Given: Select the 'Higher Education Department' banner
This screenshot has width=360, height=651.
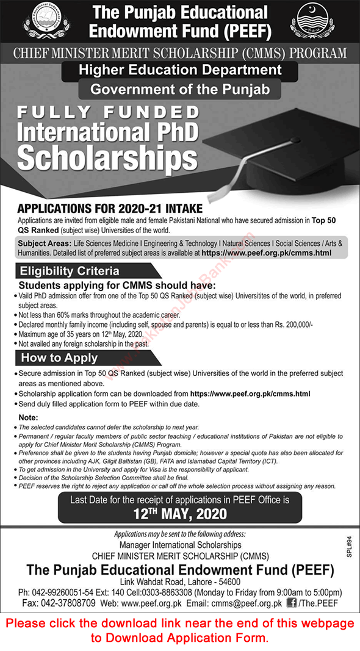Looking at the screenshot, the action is click(x=180, y=70).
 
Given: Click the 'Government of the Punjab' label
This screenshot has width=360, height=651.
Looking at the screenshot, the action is click(x=180, y=90).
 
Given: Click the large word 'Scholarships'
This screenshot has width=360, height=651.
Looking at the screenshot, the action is click(x=107, y=156).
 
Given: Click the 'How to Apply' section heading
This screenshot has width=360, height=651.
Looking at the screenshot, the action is click(x=59, y=358).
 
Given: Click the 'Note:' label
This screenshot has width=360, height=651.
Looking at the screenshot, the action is click(x=29, y=417).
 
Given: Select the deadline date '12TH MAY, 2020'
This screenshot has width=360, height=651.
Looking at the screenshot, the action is click(x=180, y=514).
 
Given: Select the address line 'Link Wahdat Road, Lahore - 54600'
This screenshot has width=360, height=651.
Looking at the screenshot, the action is click(x=179, y=581).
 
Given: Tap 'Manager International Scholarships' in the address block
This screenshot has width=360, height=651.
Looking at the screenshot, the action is click(x=180, y=544).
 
